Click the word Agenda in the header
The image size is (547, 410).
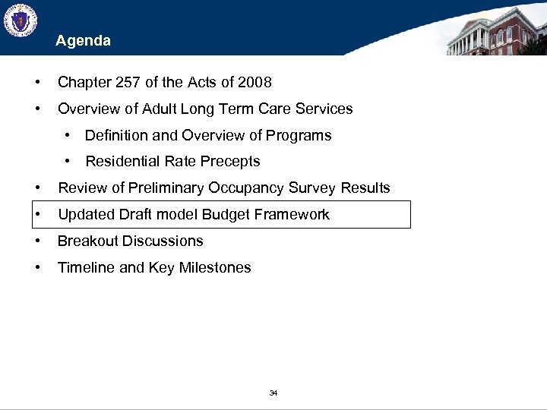[x=83, y=41]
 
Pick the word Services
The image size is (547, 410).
[x=323, y=109]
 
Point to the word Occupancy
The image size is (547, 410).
[x=255, y=188]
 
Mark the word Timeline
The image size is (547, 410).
[x=87, y=267]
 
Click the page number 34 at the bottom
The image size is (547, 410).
[x=273, y=393]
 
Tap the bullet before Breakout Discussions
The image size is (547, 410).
[x=37, y=241]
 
